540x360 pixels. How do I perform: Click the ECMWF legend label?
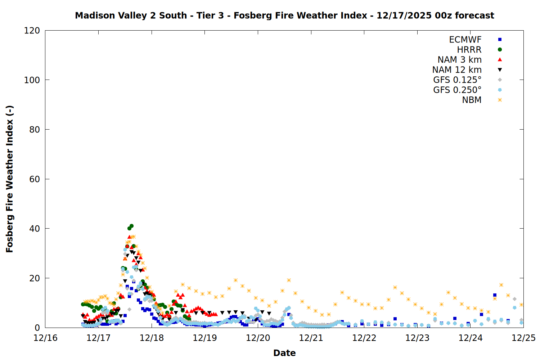465,40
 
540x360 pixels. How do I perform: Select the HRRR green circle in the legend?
500,50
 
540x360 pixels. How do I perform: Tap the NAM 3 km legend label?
459,60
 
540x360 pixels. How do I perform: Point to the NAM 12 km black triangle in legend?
500,70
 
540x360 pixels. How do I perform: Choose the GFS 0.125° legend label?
457,80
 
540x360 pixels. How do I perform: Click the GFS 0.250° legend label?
457,90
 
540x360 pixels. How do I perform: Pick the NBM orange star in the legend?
500,100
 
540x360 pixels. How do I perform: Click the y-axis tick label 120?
32,31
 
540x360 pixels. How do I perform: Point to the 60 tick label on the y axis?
35,179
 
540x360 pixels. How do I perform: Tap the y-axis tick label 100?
32,80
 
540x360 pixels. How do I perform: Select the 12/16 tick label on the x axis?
45,338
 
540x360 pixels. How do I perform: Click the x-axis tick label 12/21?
311,338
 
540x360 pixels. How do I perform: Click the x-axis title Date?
284,353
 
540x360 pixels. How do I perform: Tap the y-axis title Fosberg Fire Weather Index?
10,179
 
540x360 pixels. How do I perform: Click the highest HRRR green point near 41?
131,226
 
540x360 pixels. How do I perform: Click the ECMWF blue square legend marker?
500,40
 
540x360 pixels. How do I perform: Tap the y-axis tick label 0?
37,328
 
